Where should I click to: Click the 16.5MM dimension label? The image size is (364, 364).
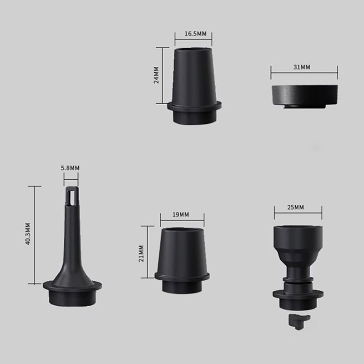pyautogui.click(x=195, y=34)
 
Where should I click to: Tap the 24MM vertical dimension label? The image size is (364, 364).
pyautogui.click(x=156, y=75)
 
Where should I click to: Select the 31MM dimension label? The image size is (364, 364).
pyautogui.click(x=302, y=67)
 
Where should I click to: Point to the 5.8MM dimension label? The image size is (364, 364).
pyautogui.click(x=70, y=168)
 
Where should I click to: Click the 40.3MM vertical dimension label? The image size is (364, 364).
pyautogui.click(x=28, y=234)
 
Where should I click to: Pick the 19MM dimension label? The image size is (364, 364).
pyautogui.click(x=181, y=214)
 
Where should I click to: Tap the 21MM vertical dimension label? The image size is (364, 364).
pyautogui.click(x=141, y=253)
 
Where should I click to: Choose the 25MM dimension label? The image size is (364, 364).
pyautogui.click(x=295, y=207)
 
